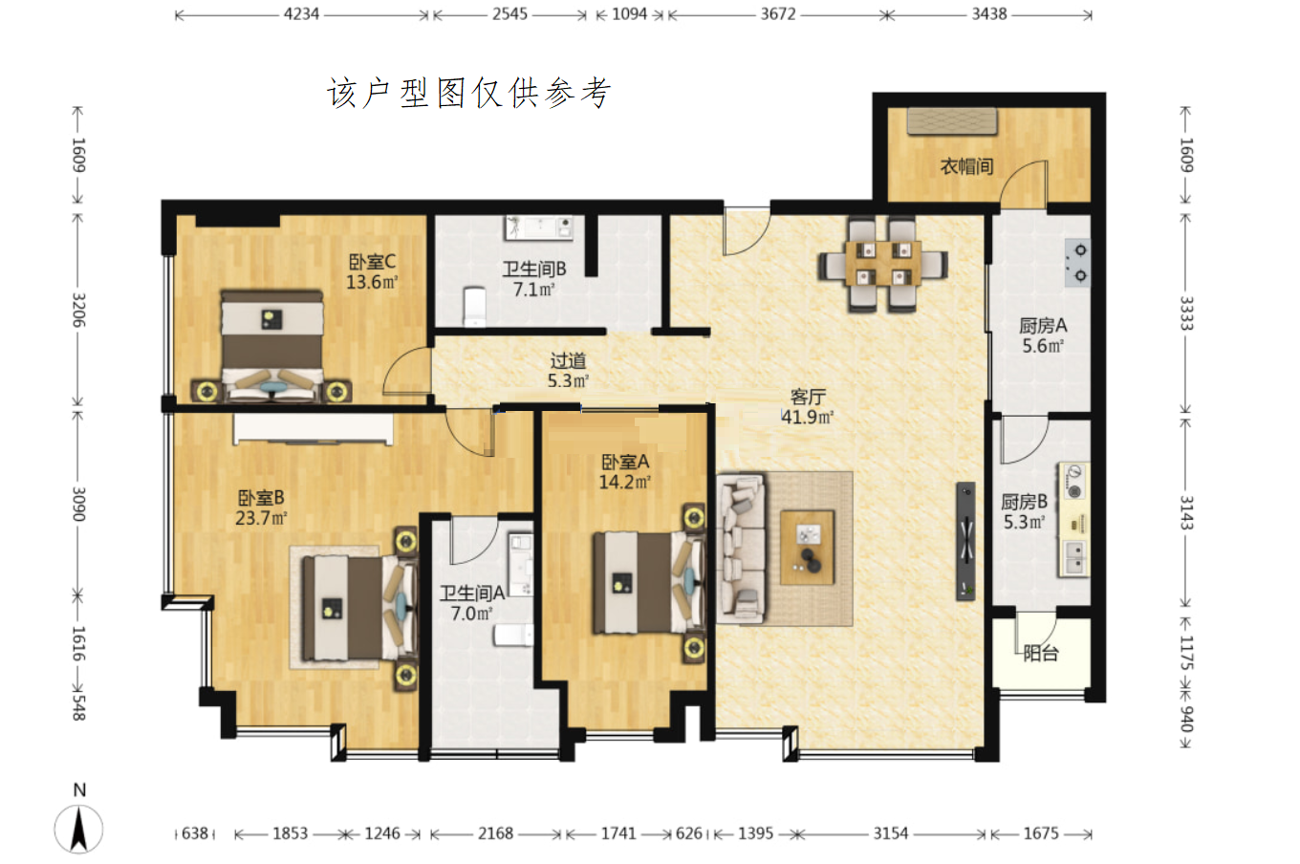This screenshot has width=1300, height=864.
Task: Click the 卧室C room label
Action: click(x=372, y=271)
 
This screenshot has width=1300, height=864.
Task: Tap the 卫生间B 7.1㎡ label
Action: click(x=534, y=279)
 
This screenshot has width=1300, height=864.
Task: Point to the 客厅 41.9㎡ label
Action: click(x=808, y=407)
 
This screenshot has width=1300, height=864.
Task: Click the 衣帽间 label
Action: click(x=967, y=166)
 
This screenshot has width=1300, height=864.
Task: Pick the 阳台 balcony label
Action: click(x=1041, y=654)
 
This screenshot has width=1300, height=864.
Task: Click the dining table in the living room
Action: click(x=882, y=264)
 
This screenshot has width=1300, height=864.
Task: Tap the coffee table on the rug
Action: click(x=808, y=548)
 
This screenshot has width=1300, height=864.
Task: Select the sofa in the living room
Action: click(x=741, y=549)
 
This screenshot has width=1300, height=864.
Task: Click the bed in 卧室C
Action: click(x=272, y=346)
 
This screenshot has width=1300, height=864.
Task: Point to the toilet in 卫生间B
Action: click(x=475, y=306)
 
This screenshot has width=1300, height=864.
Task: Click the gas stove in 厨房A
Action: click(x=1077, y=263)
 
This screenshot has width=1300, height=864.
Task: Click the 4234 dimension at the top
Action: click(x=301, y=14)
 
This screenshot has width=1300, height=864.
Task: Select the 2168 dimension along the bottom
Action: click(x=495, y=833)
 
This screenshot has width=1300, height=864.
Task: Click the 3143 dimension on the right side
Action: click(x=1186, y=512)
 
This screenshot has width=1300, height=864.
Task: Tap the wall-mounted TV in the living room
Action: click(x=965, y=541)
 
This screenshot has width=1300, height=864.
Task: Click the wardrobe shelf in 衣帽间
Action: click(x=952, y=121)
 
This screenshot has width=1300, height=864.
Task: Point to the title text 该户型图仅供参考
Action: click(x=469, y=93)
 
